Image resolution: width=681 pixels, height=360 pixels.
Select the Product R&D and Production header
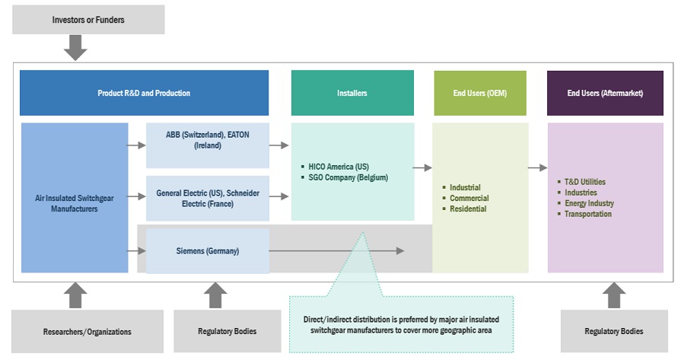tap(144, 93)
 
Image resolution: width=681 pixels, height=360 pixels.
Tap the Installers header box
tap(352, 93)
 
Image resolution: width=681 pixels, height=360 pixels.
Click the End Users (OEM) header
tap(479, 93)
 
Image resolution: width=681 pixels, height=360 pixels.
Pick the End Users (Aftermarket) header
tap(605, 93)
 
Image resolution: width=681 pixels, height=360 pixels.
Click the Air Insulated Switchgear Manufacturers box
tap(75, 202)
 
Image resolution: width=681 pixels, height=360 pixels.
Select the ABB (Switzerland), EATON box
tap(208, 140)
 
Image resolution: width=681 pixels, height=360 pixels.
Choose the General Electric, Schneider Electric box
tap(208, 198)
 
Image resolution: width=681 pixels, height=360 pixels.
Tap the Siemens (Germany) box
tap(208, 250)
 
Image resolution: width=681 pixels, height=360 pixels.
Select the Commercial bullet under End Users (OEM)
tap(469, 198)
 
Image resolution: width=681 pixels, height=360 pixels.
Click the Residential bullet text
tap(468, 209)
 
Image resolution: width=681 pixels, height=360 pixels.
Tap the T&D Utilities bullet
tap(585, 182)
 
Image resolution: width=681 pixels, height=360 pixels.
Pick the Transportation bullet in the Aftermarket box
tap(587, 214)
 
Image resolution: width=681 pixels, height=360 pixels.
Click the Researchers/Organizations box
tap(88, 331)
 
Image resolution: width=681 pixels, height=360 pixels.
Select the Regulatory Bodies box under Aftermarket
tap(613, 331)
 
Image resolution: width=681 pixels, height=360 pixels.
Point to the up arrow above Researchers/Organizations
tap(75, 295)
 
